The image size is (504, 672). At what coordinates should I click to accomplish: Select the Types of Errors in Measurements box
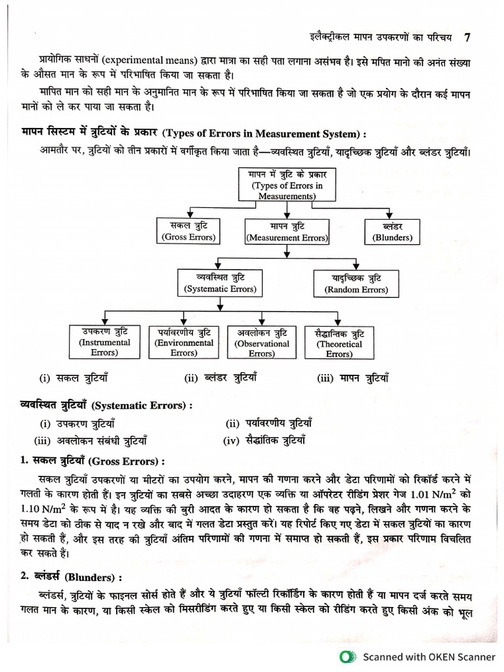coord(287,185)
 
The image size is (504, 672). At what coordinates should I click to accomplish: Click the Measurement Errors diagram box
coord(286,232)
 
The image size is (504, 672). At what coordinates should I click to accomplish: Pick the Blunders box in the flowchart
coord(392,231)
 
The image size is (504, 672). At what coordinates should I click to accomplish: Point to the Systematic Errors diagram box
coord(220,283)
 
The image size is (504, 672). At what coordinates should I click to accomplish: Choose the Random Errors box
coord(356,283)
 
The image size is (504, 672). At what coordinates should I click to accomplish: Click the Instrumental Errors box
coord(104,342)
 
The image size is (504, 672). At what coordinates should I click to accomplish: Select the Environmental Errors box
coord(184,342)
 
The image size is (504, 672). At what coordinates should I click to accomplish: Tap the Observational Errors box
coord(261,343)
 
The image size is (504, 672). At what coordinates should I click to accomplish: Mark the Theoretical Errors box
coord(339,343)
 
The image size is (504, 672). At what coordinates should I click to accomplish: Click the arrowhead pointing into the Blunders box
coord(392,216)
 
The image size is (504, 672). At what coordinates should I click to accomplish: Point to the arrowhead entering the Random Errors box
coord(356,267)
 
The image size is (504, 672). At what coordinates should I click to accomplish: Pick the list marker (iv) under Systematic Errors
coord(230,440)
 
